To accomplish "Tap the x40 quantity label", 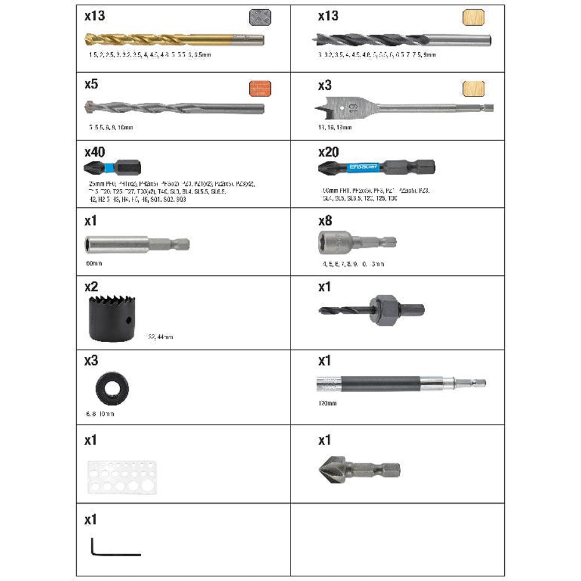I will pos(95,152).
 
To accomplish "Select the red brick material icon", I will pos(260,88).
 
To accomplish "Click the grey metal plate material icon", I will pos(260,17).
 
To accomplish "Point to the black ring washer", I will pos(112,389).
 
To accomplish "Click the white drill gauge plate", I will pos(122,477).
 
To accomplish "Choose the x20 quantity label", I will pos(328,152).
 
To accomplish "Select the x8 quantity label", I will pos(325,221).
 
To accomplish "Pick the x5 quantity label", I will pos(91,84).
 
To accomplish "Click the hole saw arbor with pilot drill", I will pos(372,310).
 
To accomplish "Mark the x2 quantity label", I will pos(91,286).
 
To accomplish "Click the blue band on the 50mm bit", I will pos(362,168).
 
